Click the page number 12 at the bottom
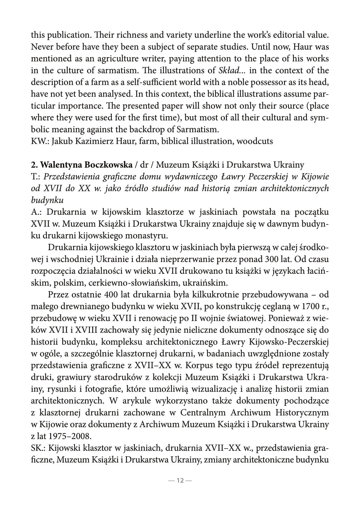(180, 480)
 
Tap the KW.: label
(40, 141)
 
